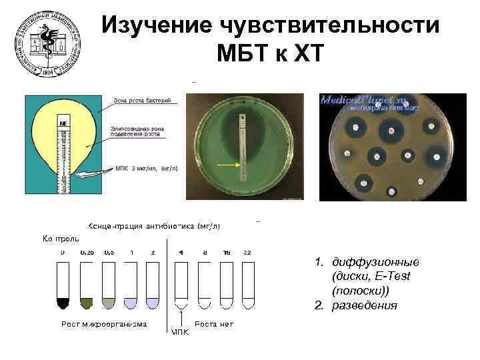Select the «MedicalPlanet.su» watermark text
pos(370,101)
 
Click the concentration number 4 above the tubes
pos(181,253)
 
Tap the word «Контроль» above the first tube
pos(61,237)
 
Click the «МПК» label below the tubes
pos(180,332)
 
